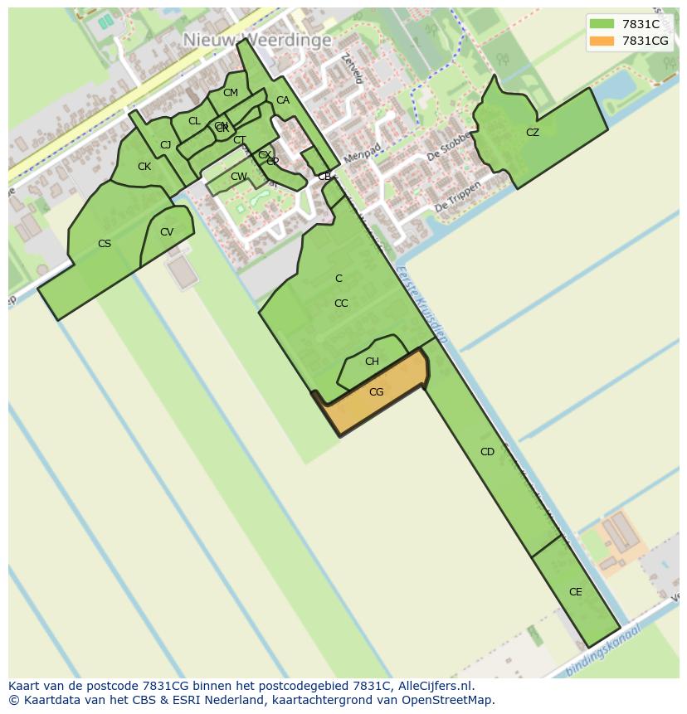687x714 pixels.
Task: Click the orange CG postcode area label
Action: [x=376, y=392]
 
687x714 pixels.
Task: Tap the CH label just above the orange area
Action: [x=372, y=362]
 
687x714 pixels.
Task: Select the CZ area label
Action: [x=533, y=133]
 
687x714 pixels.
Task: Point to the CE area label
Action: [x=575, y=592]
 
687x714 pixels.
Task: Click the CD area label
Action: [x=487, y=452]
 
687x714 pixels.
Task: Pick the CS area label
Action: [x=105, y=244]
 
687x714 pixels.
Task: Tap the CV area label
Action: [x=167, y=232]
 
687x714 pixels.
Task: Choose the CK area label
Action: [x=144, y=167]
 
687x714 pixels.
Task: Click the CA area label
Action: [x=283, y=100]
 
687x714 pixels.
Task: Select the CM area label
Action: [x=231, y=93]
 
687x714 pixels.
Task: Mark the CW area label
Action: [x=238, y=177]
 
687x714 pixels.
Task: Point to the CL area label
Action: [x=194, y=121]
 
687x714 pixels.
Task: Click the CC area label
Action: [x=341, y=304]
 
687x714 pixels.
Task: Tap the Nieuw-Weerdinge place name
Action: [x=257, y=40]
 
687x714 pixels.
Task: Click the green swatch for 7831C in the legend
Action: [x=602, y=24]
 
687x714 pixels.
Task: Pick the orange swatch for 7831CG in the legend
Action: [x=602, y=41]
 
